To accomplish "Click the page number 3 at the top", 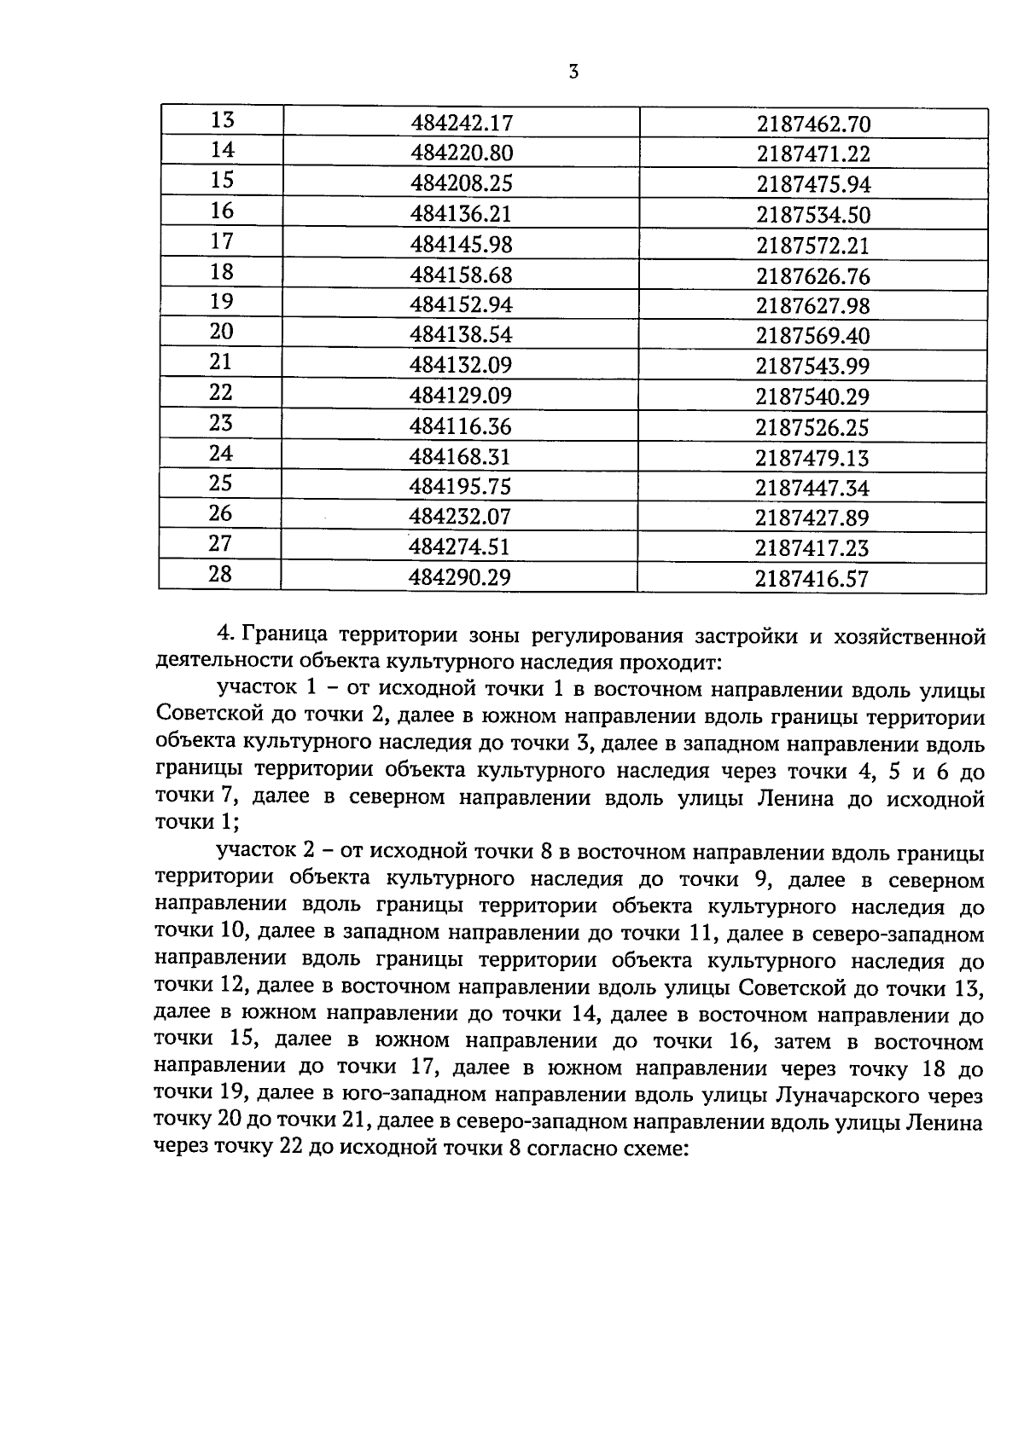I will (x=573, y=72).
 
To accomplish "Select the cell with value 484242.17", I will (x=462, y=124).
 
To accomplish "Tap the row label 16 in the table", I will (x=222, y=211).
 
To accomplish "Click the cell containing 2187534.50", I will (x=813, y=215).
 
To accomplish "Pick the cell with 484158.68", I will (x=462, y=275).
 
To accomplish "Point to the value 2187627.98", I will (x=813, y=306).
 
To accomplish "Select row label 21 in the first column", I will (x=221, y=362).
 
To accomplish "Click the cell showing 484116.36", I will (x=461, y=426).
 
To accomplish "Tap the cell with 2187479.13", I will (x=812, y=458).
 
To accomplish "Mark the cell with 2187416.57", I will (x=812, y=579).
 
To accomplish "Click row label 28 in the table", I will (x=220, y=574).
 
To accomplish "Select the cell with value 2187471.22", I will (x=813, y=154).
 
